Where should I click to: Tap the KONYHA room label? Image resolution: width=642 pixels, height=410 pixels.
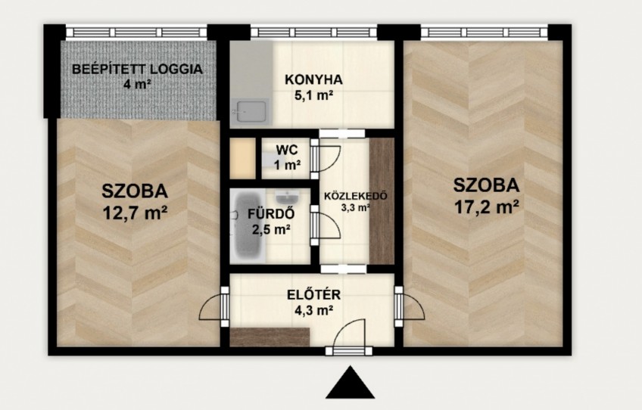coord(313,79)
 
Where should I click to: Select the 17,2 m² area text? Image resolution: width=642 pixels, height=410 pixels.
coord(487,207)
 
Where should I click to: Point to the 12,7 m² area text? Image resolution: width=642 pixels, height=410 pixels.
coord(135,213)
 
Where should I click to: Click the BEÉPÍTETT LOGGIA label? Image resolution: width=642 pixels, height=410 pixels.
coord(137,69)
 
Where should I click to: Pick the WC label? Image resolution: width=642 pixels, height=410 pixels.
coord(287,150)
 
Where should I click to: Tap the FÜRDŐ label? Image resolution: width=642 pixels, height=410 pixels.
coord(271,213)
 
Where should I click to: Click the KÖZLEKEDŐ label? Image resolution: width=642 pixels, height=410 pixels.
coord(356,196)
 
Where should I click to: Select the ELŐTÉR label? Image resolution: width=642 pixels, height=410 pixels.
coord(313,294)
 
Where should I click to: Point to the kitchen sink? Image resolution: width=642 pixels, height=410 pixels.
coord(250,112)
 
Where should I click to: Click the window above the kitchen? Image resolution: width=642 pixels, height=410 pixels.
coord(313,32)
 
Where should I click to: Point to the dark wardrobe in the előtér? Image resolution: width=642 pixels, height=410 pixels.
coord(270,337)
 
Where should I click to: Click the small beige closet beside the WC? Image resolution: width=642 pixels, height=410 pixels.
coord(243,158)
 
